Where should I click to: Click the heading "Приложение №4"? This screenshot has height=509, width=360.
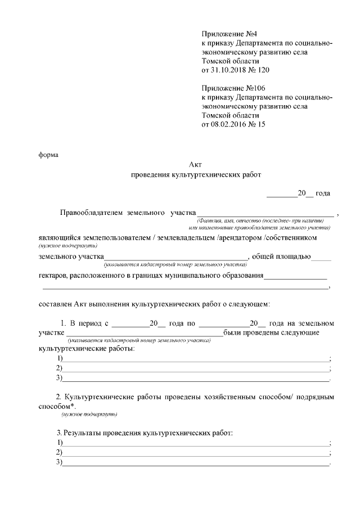[x=225, y=35]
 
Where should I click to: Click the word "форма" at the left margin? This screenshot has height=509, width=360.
[x=48, y=154]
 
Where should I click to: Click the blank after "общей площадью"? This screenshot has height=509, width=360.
[x=321, y=258]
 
